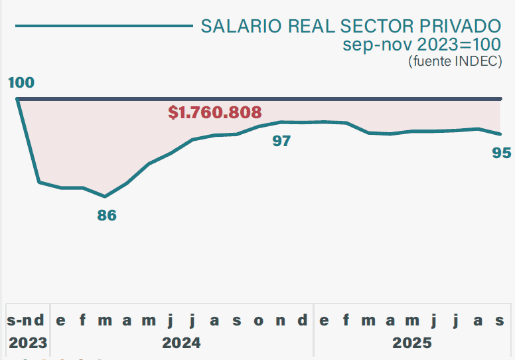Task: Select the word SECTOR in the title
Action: click(376, 26)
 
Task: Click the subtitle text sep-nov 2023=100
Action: click(422, 45)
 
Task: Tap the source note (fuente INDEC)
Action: click(455, 61)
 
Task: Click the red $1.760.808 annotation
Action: click(215, 112)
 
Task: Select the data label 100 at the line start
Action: click(21, 83)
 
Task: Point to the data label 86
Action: click(107, 215)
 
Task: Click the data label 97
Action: click(282, 141)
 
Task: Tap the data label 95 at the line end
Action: click(502, 153)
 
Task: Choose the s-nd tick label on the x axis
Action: click(27, 321)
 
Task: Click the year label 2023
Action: click(28, 343)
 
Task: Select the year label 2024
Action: click(181, 343)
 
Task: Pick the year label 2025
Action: click(411, 343)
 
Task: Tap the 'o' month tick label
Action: click(259, 321)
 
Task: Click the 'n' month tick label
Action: click(281, 321)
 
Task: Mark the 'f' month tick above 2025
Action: click(346, 321)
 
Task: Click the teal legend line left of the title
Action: click(103, 27)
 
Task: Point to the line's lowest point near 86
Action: click(105, 197)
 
